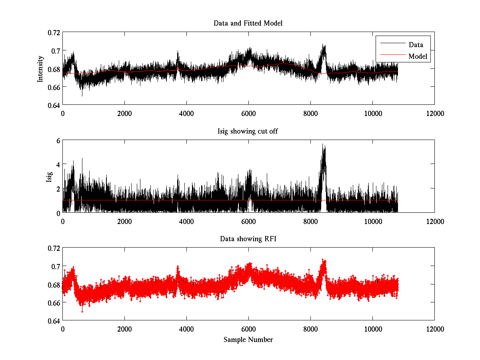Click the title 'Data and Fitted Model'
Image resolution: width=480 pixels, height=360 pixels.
click(248, 23)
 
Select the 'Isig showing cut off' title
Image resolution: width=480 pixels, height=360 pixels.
click(248, 131)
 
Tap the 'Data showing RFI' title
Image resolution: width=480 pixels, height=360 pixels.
click(248, 239)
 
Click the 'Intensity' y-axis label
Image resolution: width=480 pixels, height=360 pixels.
click(40, 68)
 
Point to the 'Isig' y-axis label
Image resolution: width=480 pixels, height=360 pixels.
click(49, 176)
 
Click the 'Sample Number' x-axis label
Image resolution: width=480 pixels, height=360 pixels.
click(248, 340)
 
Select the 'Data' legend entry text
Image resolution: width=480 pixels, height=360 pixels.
click(416, 45)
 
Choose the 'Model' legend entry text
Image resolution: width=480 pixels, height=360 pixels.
click(418, 56)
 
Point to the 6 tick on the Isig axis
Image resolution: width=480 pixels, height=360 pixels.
click(58, 140)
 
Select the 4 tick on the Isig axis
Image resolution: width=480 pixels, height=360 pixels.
click(58, 164)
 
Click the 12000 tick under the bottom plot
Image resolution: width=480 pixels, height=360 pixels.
click(434, 329)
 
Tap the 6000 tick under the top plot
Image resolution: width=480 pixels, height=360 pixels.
click(248, 113)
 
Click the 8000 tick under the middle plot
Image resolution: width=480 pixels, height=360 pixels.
click(310, 221)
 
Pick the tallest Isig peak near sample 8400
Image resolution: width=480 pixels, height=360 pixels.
click(322, 145)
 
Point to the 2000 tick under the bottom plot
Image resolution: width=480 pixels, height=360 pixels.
click(124, 329)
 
